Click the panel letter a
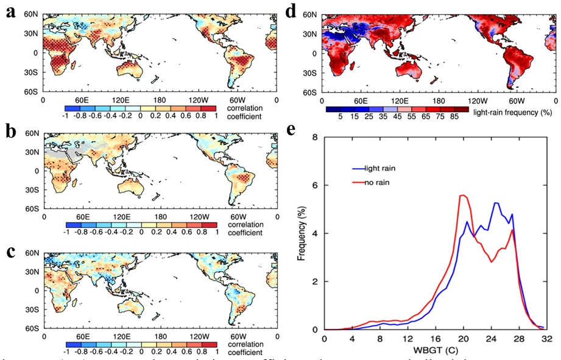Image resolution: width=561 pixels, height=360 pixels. click(x=10, y=14)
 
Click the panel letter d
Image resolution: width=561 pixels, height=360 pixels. click(x=291, y=12)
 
